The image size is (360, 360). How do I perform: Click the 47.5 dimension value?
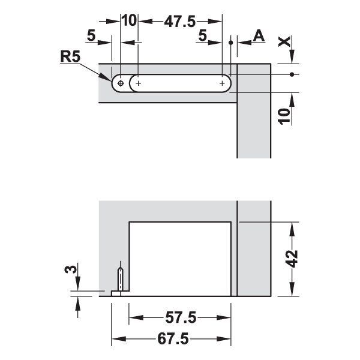pyautogui.click(x=180, y=22)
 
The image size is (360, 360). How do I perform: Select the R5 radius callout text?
pyautogui.click(x=70, y=56)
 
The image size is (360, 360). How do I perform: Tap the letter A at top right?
pyautogui.click(x=259, y=36)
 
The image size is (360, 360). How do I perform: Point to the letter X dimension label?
pyautogui.click(x=284, y=41)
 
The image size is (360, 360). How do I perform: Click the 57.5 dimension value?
pyautogui.click(x=181, y=318)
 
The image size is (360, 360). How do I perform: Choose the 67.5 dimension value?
pyautogui.click(x=173, y=339)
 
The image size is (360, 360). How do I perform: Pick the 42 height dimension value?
pyautogui.click(x=292, y=259)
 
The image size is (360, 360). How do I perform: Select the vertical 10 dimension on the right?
pyautogui.click(x=284, y=116)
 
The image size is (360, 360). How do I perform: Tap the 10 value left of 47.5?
pyautogui.click(x=129, y=20)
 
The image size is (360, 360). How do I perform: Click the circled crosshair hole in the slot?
pyautogui.click(x=121, y=83)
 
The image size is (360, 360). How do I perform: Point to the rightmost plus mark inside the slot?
pyautogui.click(x=222, y=83)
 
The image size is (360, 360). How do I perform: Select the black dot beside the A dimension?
pyautogui.click(x=231, y=43)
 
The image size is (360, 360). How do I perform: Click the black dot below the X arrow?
pyautogui.click(x=292, y=74)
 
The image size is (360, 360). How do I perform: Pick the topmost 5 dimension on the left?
pyautogui.click(x=91, y=36)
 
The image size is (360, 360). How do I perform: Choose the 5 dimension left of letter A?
pyautogui.click(x=202, y=36)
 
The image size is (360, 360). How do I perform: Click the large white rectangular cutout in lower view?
pyautogui.click(x=180, y=259)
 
